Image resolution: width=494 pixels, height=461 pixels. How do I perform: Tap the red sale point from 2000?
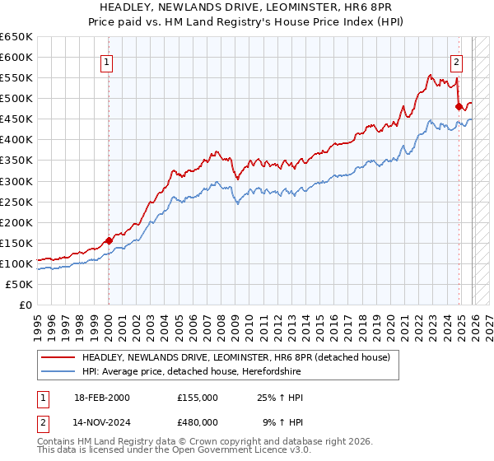coord(109,240)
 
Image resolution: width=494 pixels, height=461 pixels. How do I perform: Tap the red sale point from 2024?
coord(459,106)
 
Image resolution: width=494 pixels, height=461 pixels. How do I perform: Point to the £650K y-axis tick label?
coord(16,37)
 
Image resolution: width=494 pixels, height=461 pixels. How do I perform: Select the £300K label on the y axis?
coord(16,181)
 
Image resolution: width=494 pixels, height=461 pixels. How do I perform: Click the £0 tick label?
coord(26,305)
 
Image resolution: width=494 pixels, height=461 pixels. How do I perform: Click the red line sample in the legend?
coord(58,357)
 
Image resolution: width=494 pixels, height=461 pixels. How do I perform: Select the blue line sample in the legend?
coord(58,371)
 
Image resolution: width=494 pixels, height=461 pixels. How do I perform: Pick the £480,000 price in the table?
coord(198,421)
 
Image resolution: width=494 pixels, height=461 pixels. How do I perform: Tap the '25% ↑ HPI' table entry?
coord(280,398)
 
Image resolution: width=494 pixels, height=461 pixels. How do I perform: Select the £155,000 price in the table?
coord(198,398)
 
